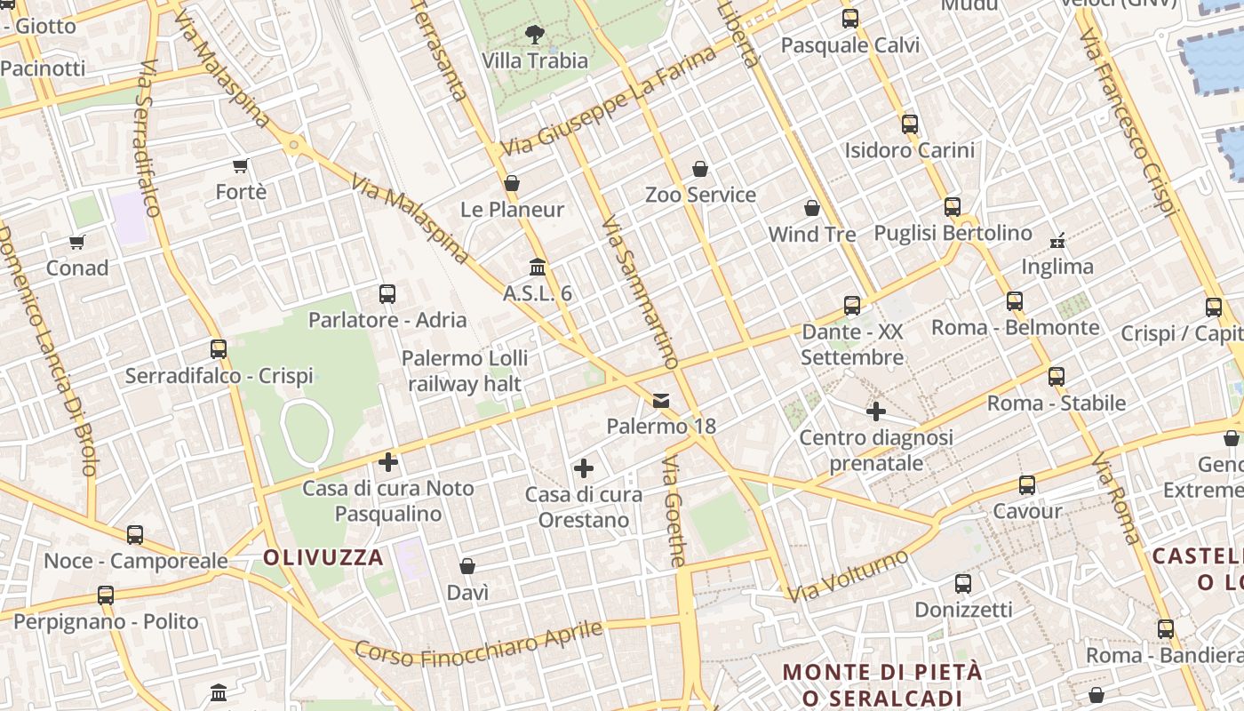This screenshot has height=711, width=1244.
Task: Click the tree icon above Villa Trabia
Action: click(535, 35)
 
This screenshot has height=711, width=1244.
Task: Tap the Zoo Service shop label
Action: click(700, 195)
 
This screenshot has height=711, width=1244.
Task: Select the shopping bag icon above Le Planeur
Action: click(512, 183)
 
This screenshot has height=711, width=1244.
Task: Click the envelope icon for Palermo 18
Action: click(661, 400)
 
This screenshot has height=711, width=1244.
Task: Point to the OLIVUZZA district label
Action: click(323, 557)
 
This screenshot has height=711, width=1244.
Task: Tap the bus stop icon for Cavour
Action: click(1027, 485)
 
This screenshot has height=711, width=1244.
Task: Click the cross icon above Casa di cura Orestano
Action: click(584, 468)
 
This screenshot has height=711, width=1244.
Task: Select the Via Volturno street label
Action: click(849, 576)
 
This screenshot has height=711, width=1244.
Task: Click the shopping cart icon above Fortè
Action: click(240, 165)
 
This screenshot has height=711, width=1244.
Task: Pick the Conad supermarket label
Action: click(77, 268)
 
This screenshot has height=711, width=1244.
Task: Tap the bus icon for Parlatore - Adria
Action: click(387, 293)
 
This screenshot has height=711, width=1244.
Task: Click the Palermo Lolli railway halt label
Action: click(465, 371)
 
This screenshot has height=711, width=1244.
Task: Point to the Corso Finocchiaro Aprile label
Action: click(479, 644)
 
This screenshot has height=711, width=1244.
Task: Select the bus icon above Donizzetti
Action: click(963, 584)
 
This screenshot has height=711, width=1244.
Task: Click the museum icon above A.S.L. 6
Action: click(538, 267)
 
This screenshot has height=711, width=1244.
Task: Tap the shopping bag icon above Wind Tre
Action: click(812, 208)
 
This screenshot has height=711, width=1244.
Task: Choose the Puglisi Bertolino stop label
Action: click(953, 233)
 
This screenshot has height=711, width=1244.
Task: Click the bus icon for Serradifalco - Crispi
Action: click(219, 349)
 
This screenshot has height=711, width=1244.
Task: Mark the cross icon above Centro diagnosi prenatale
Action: click(876, 411)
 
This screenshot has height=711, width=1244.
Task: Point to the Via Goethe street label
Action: click(675, 511)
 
